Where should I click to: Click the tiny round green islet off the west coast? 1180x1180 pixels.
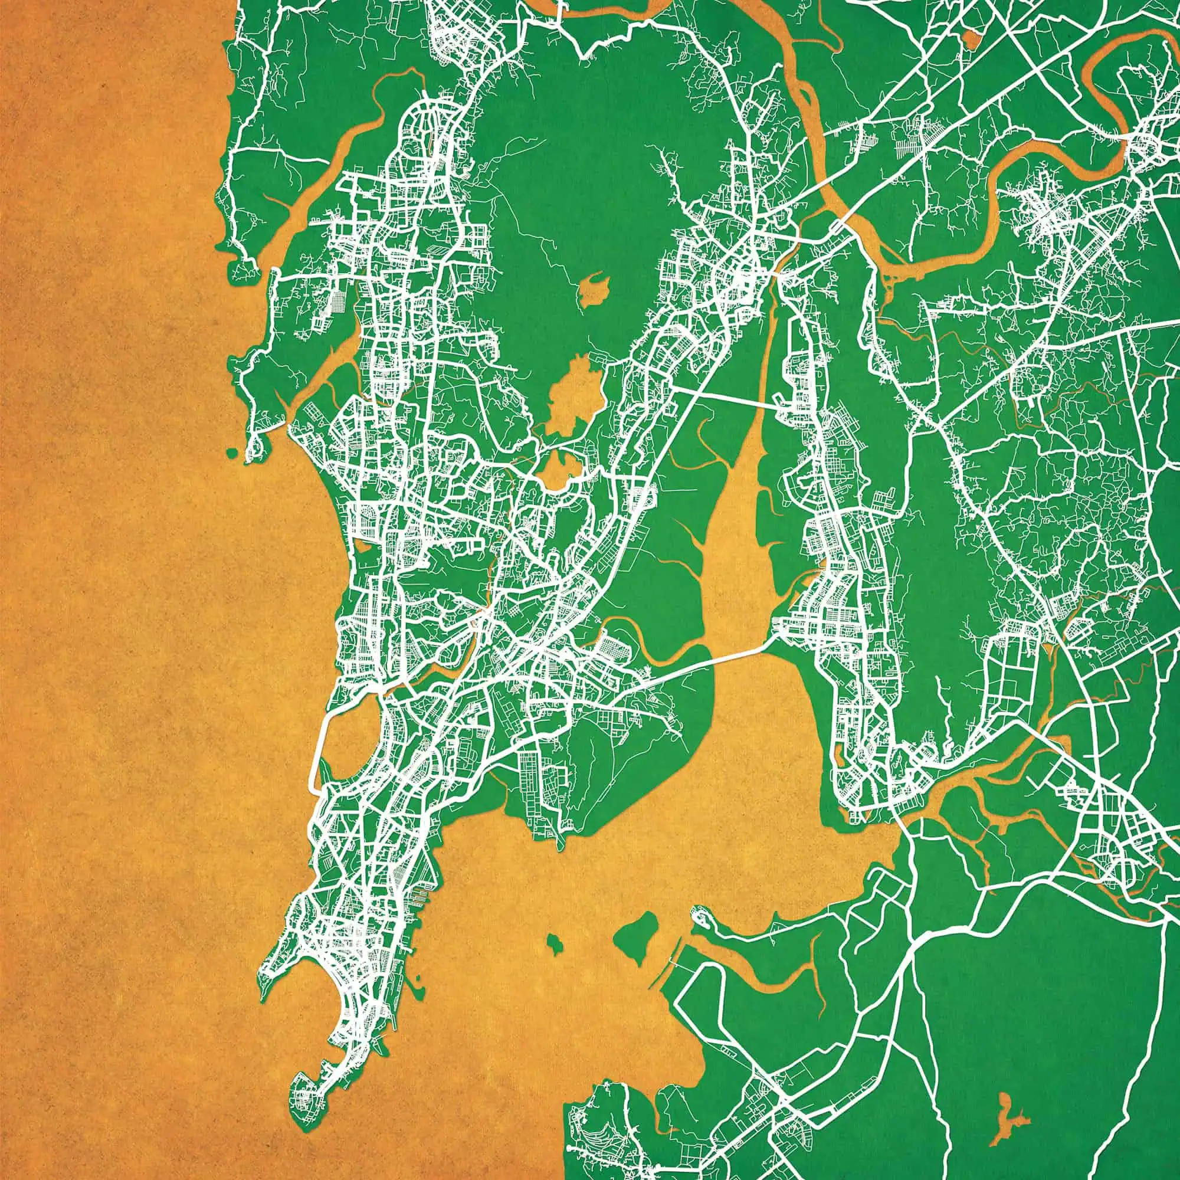[231, 453]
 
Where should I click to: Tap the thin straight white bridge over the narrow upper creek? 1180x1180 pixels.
[727, 395]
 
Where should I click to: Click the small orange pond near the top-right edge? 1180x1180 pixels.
[971, 40]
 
